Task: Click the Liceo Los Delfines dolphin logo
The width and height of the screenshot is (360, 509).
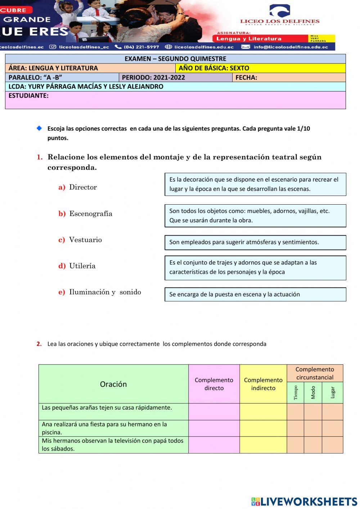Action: (x=279, y=11)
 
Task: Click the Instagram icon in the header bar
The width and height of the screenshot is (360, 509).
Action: (x=53, y=47)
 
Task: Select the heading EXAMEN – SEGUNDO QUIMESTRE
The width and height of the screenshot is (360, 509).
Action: (x=175, y=59)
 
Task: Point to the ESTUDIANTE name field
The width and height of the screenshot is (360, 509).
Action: (x=175, y=100)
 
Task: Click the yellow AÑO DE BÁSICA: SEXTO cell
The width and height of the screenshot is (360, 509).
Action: (x=260, y=68)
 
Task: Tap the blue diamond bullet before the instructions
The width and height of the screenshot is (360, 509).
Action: (x=39, y=128)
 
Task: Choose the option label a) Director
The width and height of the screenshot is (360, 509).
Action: (x=78, y=187)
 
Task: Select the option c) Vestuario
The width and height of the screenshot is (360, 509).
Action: (x=80, y=240)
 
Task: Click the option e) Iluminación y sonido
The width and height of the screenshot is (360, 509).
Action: (x=100, y=292)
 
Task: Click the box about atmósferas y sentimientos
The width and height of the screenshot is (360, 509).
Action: (x=255, y=242)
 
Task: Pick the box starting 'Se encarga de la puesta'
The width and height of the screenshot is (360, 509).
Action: (x=255, y=294)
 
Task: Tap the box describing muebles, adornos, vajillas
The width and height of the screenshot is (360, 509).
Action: (x=255, y=216)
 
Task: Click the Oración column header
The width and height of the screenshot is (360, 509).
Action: (x=113, y=384)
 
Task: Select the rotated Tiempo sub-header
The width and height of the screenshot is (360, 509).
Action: (x=296, y=392)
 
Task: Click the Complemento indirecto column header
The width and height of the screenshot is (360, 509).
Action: (x=263, y=384)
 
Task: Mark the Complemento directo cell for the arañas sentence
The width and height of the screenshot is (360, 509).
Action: (x=214, y=411)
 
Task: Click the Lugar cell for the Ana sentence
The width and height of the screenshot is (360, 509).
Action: (x=332, y=428)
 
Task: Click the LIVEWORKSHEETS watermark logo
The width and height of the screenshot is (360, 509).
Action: (x=304, y=501)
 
